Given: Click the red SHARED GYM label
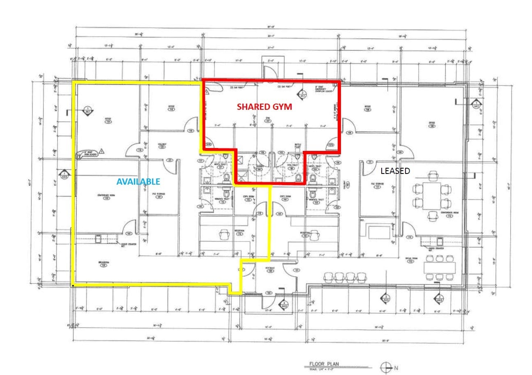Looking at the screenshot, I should pos(264,106).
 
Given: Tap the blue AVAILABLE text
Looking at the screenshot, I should pos(138,181).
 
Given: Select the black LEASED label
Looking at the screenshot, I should pos(395,171).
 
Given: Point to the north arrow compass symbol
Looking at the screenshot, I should pos(385,367).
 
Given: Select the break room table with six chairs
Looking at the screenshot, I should pos(440,268).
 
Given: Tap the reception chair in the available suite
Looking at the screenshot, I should pos(224,235).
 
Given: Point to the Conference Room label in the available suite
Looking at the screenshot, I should pos(103,195).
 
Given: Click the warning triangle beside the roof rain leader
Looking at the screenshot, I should pos(102,151).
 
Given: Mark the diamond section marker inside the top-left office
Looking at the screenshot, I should pos(87,110).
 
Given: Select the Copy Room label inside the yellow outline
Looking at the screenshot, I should pos(249,197).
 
